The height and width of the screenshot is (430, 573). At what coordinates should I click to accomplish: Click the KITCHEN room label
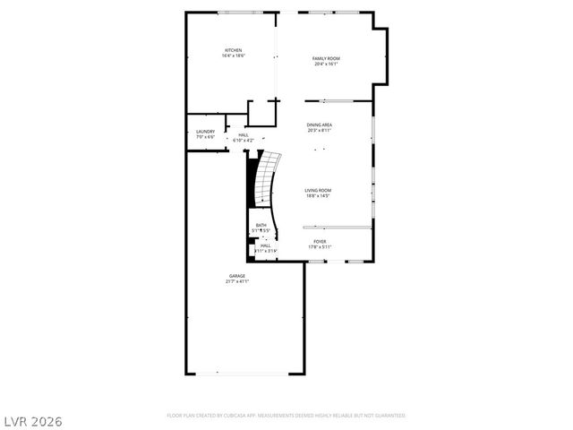(233, 50)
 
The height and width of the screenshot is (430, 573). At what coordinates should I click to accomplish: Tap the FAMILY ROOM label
(326, 58)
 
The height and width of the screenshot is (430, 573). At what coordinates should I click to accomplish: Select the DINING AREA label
(320, 125)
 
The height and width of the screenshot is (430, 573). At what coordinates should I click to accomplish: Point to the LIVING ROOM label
(318, 190)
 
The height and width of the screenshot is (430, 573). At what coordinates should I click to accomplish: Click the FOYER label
(320, 241)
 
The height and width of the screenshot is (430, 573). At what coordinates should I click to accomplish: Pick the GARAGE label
(236, 276)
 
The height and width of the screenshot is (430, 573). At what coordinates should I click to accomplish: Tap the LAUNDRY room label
(205, 132)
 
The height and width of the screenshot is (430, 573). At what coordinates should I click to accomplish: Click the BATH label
(261, 225)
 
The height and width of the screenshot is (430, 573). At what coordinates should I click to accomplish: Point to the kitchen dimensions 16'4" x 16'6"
(233, 56)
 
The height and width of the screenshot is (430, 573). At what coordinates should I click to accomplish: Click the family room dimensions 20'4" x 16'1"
(326, 64)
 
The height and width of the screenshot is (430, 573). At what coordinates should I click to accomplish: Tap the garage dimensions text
(236, 281)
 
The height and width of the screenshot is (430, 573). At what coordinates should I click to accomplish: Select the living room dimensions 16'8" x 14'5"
(318, 195)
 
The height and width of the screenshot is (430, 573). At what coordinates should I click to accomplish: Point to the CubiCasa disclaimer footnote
(286, 416)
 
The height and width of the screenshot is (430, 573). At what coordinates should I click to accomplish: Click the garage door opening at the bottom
(243, 373)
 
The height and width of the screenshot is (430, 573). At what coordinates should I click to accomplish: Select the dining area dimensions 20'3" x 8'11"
(320, 130)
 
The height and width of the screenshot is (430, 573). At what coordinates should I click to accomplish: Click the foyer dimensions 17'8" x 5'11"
(320, 246)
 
